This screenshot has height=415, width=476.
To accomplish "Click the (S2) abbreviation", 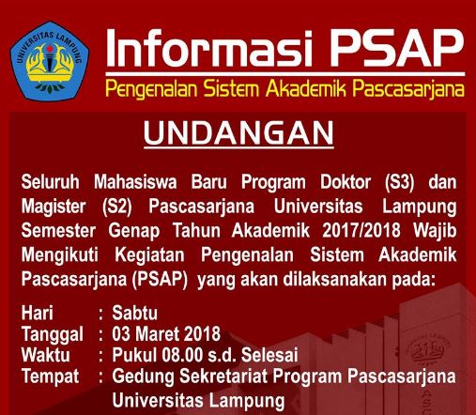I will click(131, 205).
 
